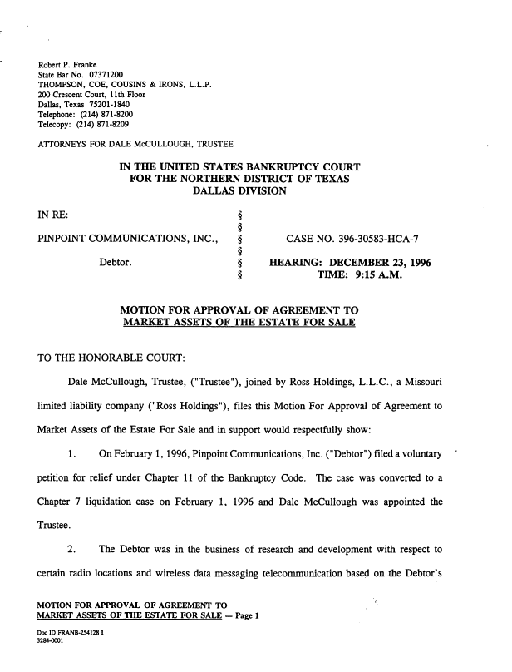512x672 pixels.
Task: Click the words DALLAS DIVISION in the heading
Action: [239, 191]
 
